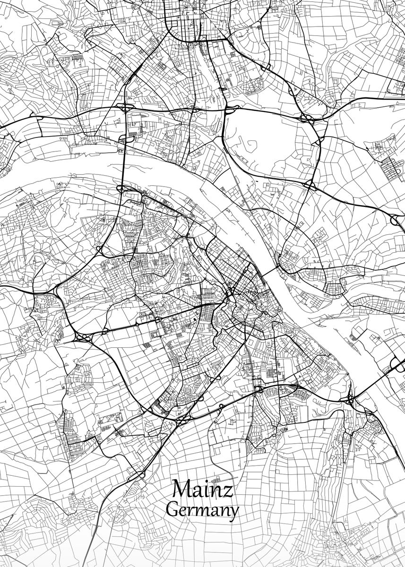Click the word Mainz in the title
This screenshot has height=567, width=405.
pos(203,490)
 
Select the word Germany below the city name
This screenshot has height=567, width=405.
pos(203,510)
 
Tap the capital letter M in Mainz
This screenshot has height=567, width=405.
pos(182,490)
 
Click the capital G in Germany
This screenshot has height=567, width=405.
pos(172,510)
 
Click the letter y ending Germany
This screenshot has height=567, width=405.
pos(233,514)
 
